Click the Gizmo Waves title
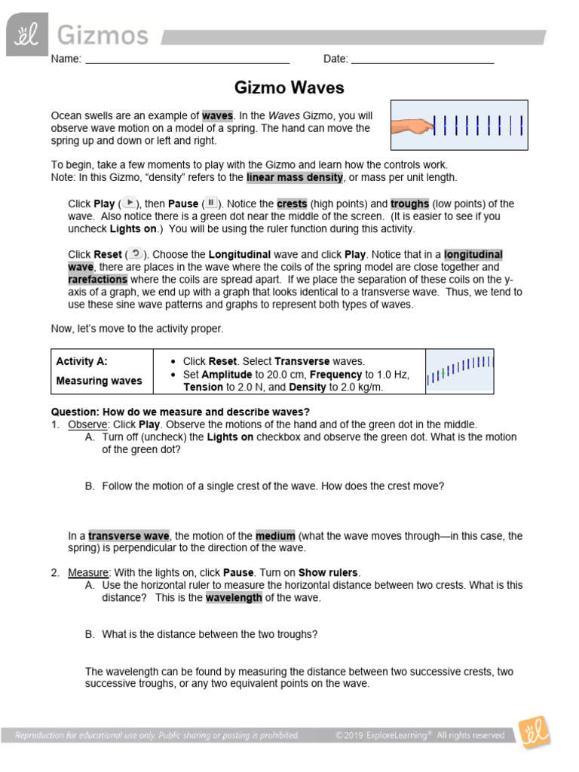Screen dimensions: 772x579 (289, 88)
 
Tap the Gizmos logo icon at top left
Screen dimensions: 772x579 (27, 35)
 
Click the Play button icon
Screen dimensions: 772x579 (130, 203)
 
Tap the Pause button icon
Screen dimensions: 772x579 (212, 203)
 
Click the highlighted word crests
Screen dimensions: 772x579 (292, 204)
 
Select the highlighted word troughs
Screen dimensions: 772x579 (410, 204)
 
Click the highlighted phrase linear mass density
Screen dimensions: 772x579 (294, 177)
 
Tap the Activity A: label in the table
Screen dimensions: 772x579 (81, 361)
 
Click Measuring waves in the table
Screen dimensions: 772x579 (99, 381)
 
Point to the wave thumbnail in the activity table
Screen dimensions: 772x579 (460, 371)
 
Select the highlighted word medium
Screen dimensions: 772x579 (275, 536)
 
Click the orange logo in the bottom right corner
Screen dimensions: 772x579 (534, 733)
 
